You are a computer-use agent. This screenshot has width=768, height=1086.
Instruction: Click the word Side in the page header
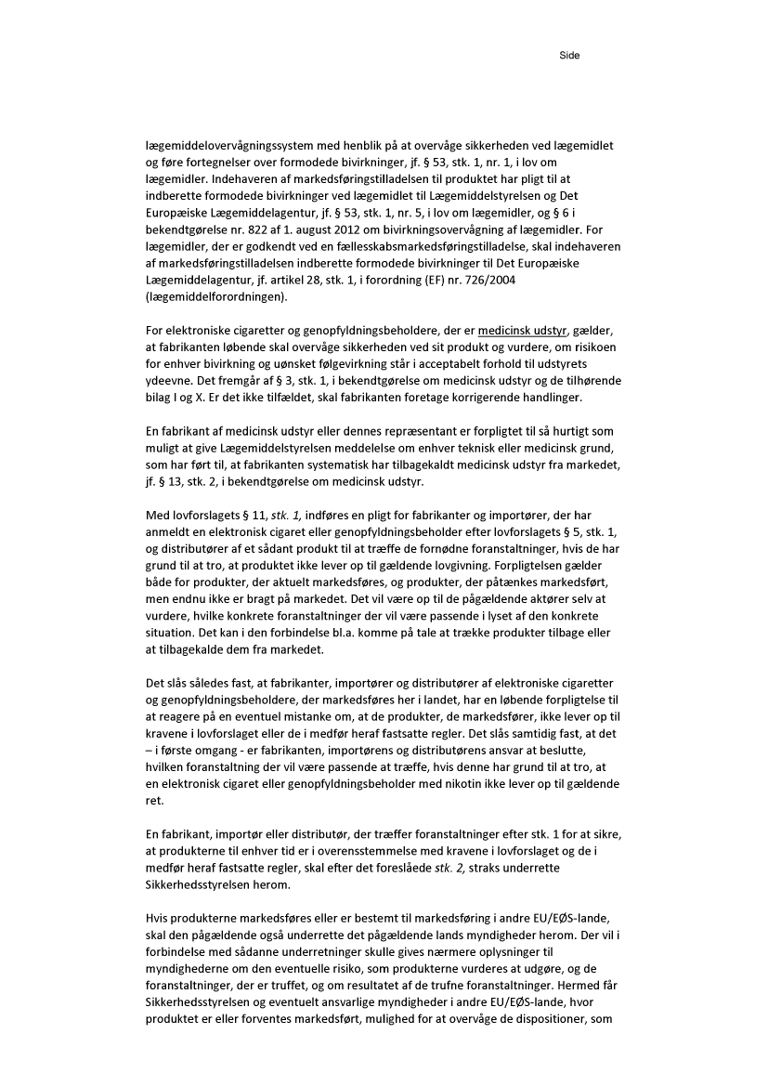(568, 56)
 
